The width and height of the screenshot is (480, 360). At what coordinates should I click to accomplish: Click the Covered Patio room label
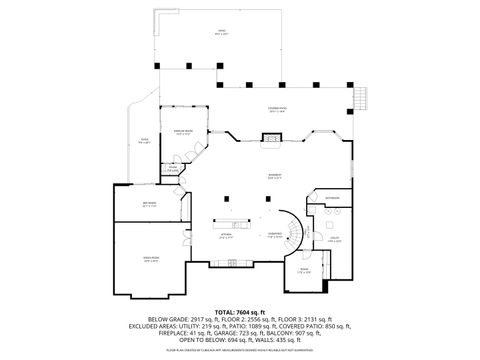pos(276,109)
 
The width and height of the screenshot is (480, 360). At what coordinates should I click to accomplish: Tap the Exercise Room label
pos(183,131)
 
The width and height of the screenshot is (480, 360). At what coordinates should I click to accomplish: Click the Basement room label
pos(274,176)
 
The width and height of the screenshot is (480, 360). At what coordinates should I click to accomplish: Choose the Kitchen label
pos(225,238)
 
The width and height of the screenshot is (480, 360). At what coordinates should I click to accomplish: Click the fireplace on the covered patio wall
pos(268,139)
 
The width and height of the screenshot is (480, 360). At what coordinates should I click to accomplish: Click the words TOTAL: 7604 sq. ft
pos(240,313)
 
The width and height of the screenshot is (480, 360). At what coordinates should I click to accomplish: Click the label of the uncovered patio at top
pos(221,32)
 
